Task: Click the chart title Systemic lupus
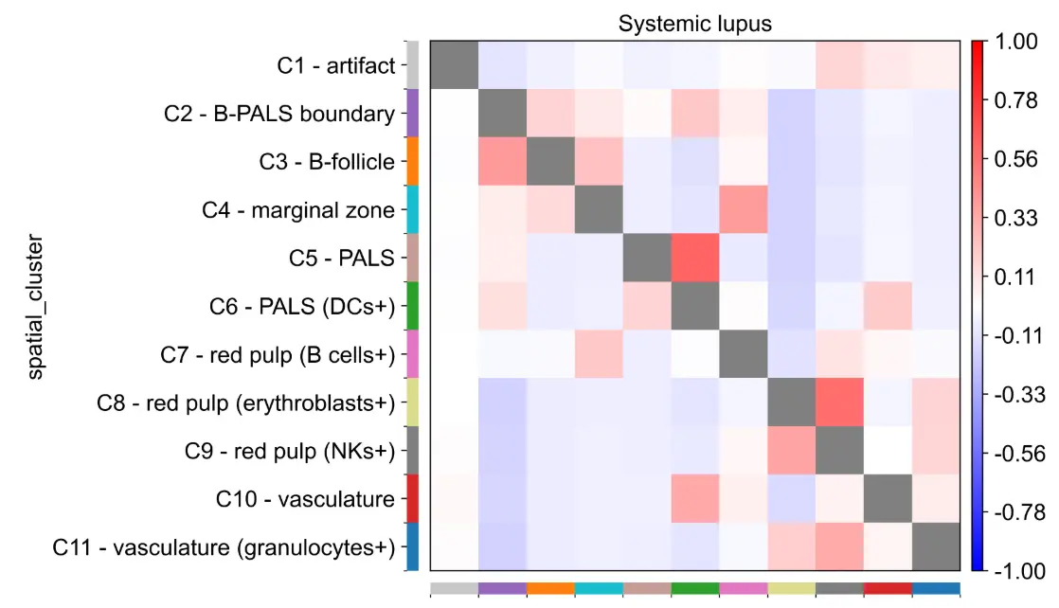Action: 694,24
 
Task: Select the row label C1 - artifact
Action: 335,65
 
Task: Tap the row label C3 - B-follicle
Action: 327,162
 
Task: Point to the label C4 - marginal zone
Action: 298,210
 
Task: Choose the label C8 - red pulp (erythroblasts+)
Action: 245,402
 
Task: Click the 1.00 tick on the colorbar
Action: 1018,43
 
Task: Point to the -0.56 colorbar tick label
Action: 1015,453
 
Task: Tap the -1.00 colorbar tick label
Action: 1015,570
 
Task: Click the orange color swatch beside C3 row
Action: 412,162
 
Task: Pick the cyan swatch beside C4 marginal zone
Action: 412,210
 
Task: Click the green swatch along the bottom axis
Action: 694,589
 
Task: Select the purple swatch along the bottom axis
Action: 502,589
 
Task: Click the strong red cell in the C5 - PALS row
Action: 694,258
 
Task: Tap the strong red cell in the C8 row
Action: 839,402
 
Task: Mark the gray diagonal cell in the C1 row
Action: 454,65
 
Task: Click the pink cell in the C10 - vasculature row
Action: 694,499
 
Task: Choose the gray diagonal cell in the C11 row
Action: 936,547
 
